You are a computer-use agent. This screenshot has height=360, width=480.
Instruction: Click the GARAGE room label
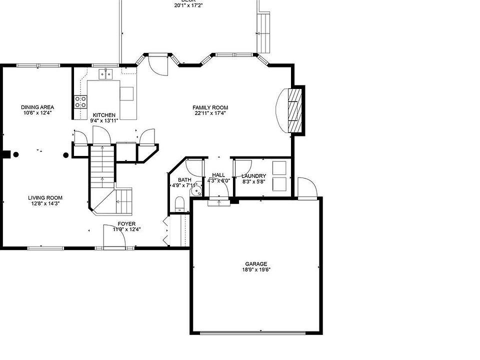[x=255, y=264]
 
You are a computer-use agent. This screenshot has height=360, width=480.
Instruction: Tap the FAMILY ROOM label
[x=210, y=107]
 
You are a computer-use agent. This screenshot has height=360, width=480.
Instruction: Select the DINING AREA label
[x=37, y=107]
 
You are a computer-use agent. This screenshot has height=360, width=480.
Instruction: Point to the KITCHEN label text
[x=104, y=115]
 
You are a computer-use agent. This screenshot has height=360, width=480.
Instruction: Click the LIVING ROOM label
[x=45, y=197]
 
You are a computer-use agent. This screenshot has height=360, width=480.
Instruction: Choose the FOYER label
[x=126, y=223]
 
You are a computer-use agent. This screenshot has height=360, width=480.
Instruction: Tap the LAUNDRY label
[x=253, y=176]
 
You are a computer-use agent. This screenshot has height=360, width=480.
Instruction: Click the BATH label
[x=184, y=180]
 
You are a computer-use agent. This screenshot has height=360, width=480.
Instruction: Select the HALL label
[x=218, y=175]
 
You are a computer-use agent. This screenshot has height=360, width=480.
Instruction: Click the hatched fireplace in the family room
[x=295, y=110]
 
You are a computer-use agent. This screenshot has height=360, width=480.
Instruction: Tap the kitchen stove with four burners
[x=80, y=102]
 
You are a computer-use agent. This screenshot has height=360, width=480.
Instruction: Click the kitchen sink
[x=105, y=74]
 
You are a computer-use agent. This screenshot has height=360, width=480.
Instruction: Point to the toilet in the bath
[x=180, y=203]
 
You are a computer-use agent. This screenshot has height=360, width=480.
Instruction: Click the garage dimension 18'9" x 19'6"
[x=255, y=270]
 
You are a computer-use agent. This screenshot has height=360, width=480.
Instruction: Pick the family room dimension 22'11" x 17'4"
[x=210, y=113]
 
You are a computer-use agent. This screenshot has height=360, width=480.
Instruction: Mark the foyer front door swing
[x=114, y=235]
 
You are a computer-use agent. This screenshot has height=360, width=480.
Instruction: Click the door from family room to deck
[x=159, y=64]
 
